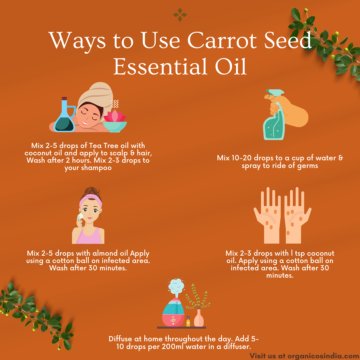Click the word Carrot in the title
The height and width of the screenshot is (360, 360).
(x=222, y=40)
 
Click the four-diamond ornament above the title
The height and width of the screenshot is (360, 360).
(x=180, y=15)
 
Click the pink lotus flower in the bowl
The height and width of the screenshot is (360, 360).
(x=115, y=116)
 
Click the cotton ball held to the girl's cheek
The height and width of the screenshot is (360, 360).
(x=80, y=217)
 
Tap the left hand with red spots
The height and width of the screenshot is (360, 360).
(x=268, y=216)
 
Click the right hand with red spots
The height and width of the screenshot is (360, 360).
(x=297, y=216)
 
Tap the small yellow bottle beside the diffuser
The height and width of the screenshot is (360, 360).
(x=188, y=321)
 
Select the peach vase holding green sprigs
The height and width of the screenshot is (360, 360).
(x=199, y=318)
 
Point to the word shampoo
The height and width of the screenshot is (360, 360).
(x=88, y=168)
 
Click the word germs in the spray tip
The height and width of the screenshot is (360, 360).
(x=308, y=166)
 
